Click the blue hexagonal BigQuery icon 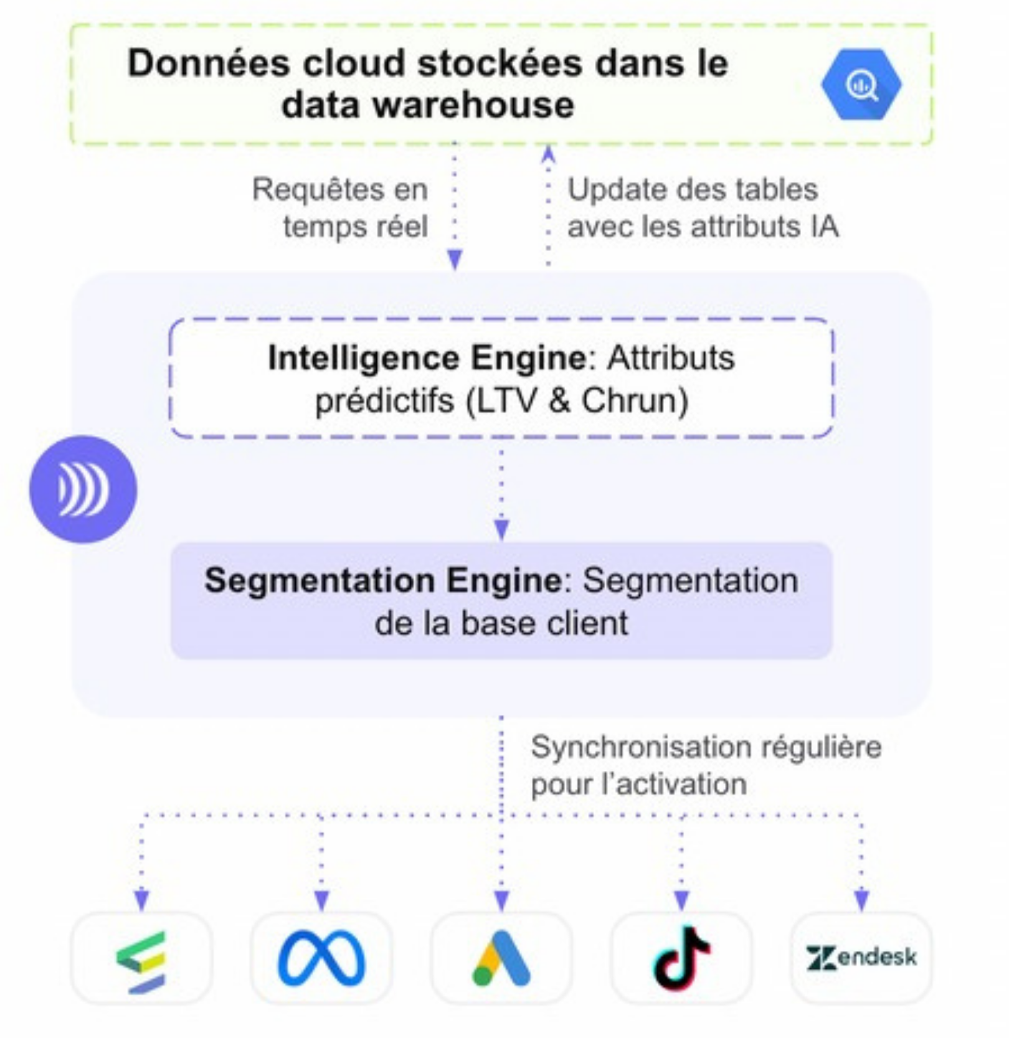coord(861,85)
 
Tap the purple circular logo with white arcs coord(83,489)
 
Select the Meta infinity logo coord(321,958)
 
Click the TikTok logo coord(681,958)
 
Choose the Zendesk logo coord(861,957)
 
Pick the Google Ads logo coord(501,958)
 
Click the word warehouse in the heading coord(473,105)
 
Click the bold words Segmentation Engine coord(383,580)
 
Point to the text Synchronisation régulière coord(706,747)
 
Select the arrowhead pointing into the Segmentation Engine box coord(501,530)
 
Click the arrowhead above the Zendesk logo coord(861,900)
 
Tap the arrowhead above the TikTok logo coord(681,900)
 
